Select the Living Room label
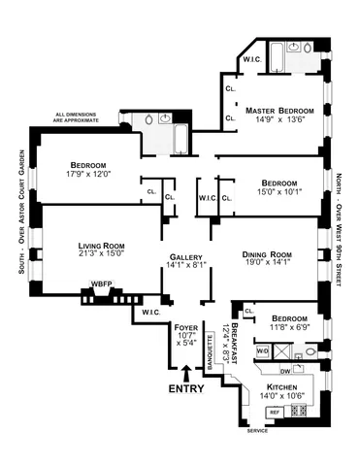[x=78, y=247]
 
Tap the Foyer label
[x=185, y=328]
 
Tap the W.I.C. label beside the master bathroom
[x=250, y=60]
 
